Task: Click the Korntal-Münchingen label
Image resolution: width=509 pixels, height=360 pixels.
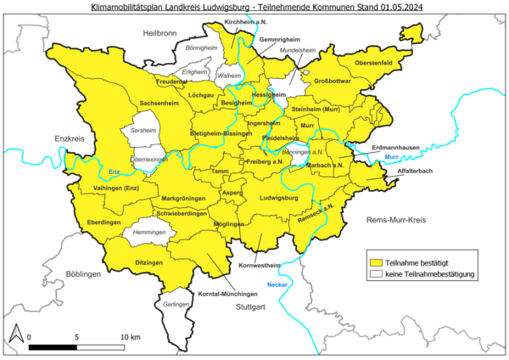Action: point(228,293)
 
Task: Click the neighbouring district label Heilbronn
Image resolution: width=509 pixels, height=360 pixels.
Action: point(160,33)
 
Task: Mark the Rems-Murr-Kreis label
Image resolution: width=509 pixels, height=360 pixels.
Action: point(395,220)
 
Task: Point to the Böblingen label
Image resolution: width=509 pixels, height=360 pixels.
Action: point(81,275)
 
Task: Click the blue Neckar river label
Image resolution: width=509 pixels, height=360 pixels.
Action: point(277,283)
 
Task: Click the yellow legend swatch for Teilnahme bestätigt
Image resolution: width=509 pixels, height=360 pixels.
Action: point(374,262)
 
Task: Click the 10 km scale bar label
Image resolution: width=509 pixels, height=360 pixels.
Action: point(129,337)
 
